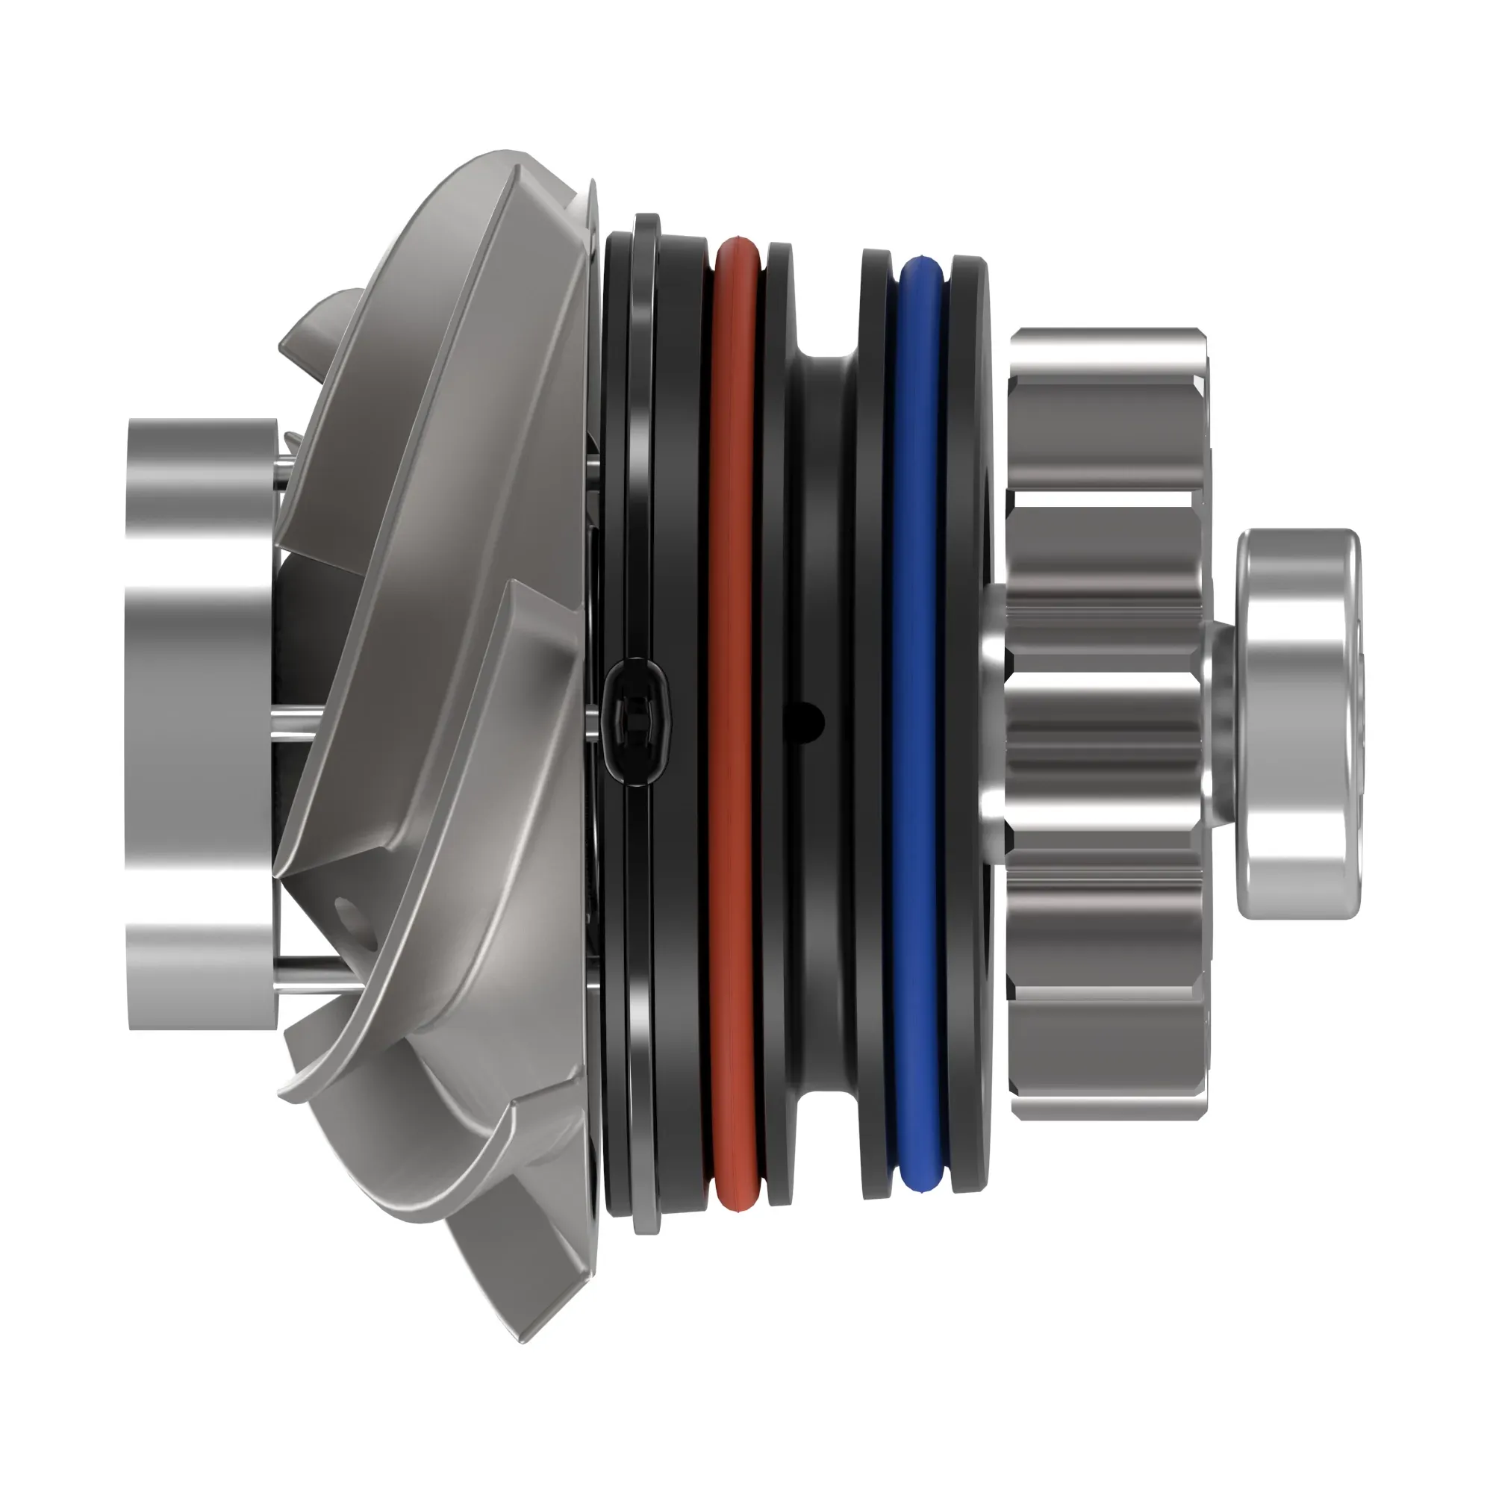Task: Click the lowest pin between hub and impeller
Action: pos(305,964)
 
